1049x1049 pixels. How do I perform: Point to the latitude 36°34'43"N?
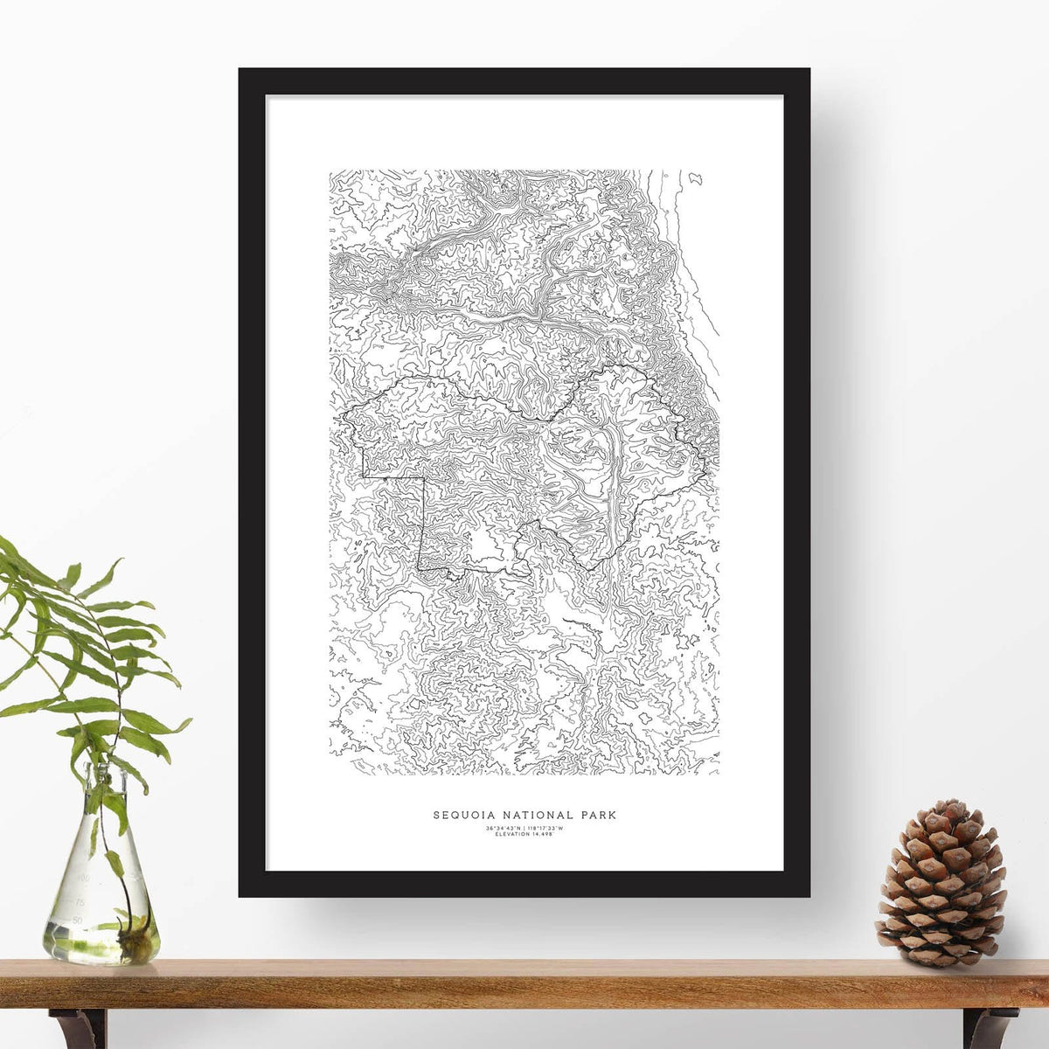point(503,828)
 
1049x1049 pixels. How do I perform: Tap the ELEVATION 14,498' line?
point(524,834)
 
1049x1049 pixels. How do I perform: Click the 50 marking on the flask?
point(78,920)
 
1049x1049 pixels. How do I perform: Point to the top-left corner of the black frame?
point(240,70)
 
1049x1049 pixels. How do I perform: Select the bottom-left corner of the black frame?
point(240,895)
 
